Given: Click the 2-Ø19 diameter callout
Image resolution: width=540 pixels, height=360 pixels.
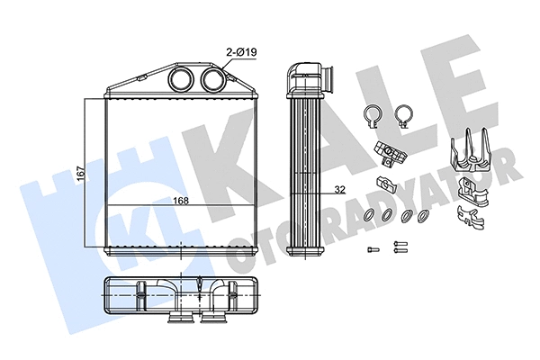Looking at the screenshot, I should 242,52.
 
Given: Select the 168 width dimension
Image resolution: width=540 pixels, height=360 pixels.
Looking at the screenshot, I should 179,200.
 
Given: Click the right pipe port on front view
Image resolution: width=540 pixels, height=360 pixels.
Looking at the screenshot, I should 213,77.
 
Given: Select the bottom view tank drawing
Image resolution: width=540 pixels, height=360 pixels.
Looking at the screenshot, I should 180,297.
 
